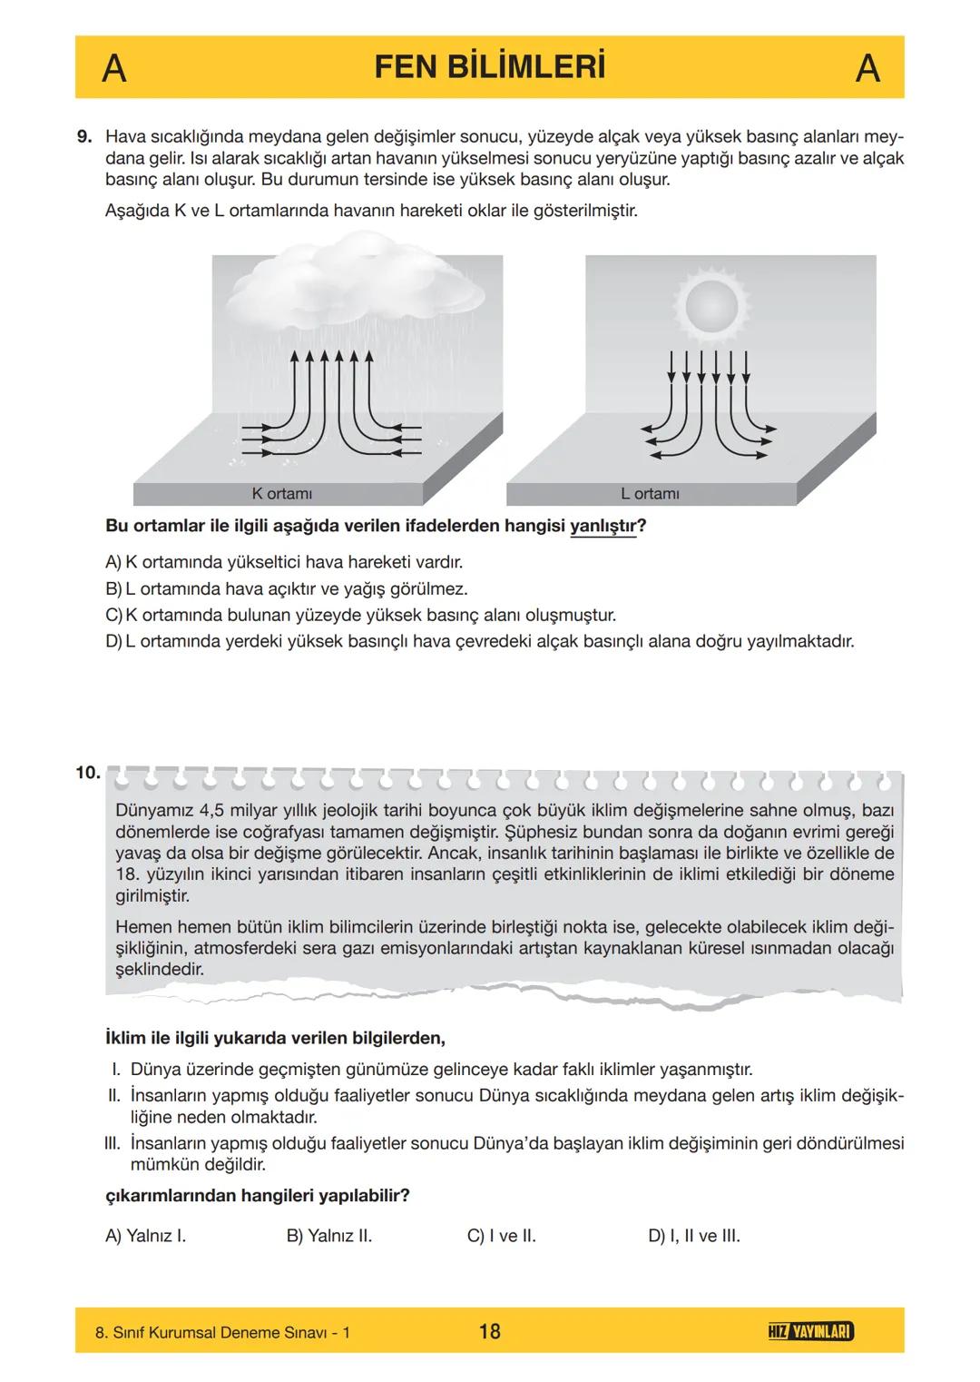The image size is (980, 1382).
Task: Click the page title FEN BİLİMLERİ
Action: (489, 67)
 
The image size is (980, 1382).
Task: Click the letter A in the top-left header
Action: (113, 68)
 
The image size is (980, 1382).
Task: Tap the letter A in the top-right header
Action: (867, 68)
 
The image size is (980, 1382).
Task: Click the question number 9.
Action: (84, 137)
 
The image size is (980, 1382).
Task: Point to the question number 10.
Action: (87, 773)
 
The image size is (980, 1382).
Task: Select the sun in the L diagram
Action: (711, 305)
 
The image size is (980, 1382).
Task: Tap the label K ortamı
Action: (281, 494)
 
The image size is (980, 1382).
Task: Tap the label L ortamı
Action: (650, 494)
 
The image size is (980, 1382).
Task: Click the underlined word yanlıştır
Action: (602, 527)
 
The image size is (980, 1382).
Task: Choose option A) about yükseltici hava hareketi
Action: (284, 562)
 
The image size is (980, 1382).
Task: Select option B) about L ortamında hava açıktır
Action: (287, 588)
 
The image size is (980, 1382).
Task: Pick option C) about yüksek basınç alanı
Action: (360, 615)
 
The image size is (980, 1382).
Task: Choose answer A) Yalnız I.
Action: (146, 1236)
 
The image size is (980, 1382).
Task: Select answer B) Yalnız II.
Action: (328, 1236)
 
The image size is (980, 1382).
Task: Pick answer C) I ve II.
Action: (501, 1236)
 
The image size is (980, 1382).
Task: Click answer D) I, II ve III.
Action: (693, 1236)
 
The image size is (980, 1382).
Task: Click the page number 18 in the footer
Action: (489, 1331)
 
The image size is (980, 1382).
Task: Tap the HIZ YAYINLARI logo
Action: (809, 1331)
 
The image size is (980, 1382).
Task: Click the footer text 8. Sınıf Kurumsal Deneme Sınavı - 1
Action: (222, 1332)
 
